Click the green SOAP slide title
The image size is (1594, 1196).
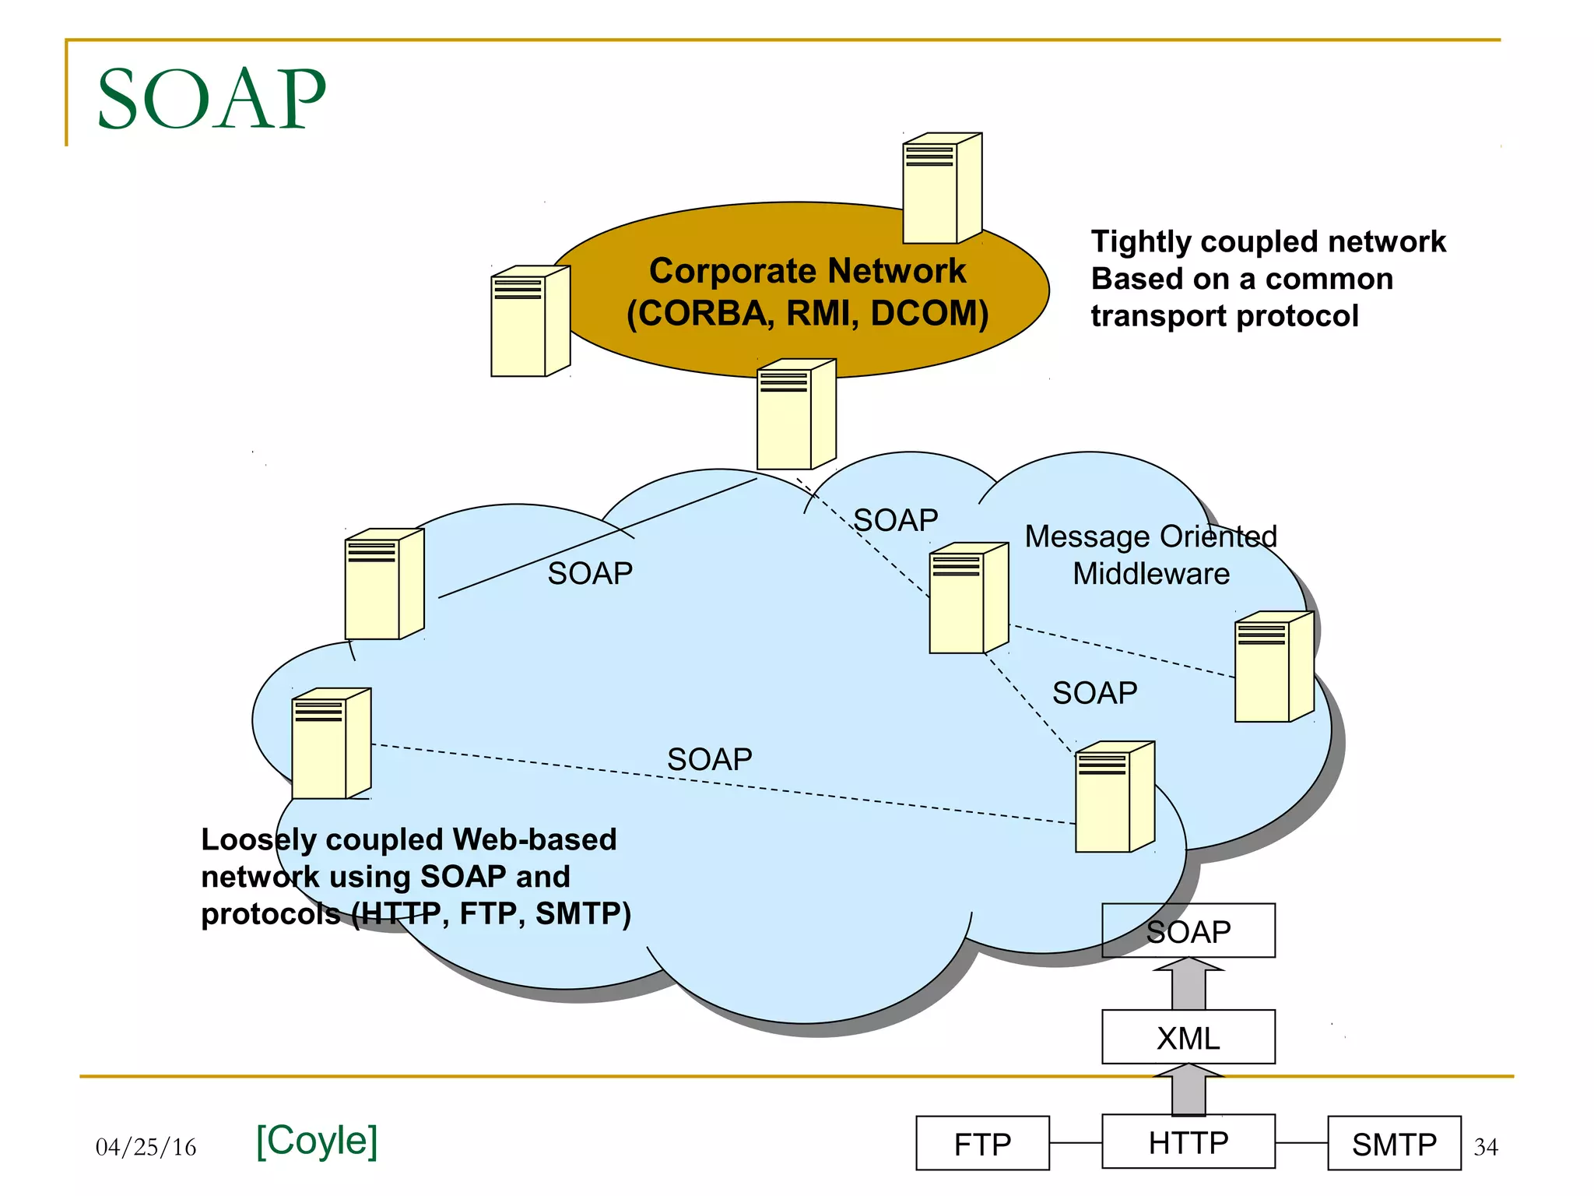[211, 99]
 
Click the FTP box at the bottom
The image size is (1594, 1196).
[982, 1143]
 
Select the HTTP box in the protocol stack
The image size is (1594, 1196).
[1188, 1142]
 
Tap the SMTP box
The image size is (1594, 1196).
[1393, 1143]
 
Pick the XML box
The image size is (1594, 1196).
[1188, 1037]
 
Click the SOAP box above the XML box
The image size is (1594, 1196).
[1188, 931]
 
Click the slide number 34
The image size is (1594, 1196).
[1485, 1146]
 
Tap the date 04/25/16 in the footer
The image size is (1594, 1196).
[146, 1146]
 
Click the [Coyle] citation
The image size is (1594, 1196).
[317, 1140]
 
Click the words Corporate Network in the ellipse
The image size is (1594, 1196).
[807, 271]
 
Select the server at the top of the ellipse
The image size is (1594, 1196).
[942, 188]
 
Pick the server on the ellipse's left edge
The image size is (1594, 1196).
[530, 321]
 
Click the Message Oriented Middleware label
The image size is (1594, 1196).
[1150, 554]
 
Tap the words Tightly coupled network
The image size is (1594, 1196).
[1268, 241]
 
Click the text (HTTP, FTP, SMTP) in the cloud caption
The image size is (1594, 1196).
[491, 913]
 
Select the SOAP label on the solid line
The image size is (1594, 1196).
[590, 573]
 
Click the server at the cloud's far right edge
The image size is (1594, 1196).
[1274, 667]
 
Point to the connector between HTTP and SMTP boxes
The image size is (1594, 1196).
[1301, 1143]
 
